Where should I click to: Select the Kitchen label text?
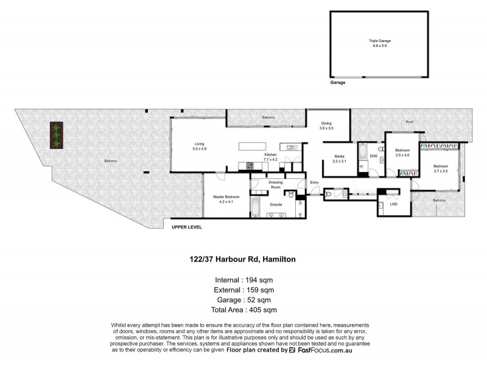(270, 157)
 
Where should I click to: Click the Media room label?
(339, 159)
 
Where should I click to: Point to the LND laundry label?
(394, 204)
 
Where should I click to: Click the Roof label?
(410, 122)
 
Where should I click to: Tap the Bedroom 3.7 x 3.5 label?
(441, 169)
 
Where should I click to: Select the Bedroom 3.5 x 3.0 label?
(402, 153)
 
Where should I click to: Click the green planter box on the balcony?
(57, 135)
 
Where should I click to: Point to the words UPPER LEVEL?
(186, 227)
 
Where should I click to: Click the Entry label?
(314, 183)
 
